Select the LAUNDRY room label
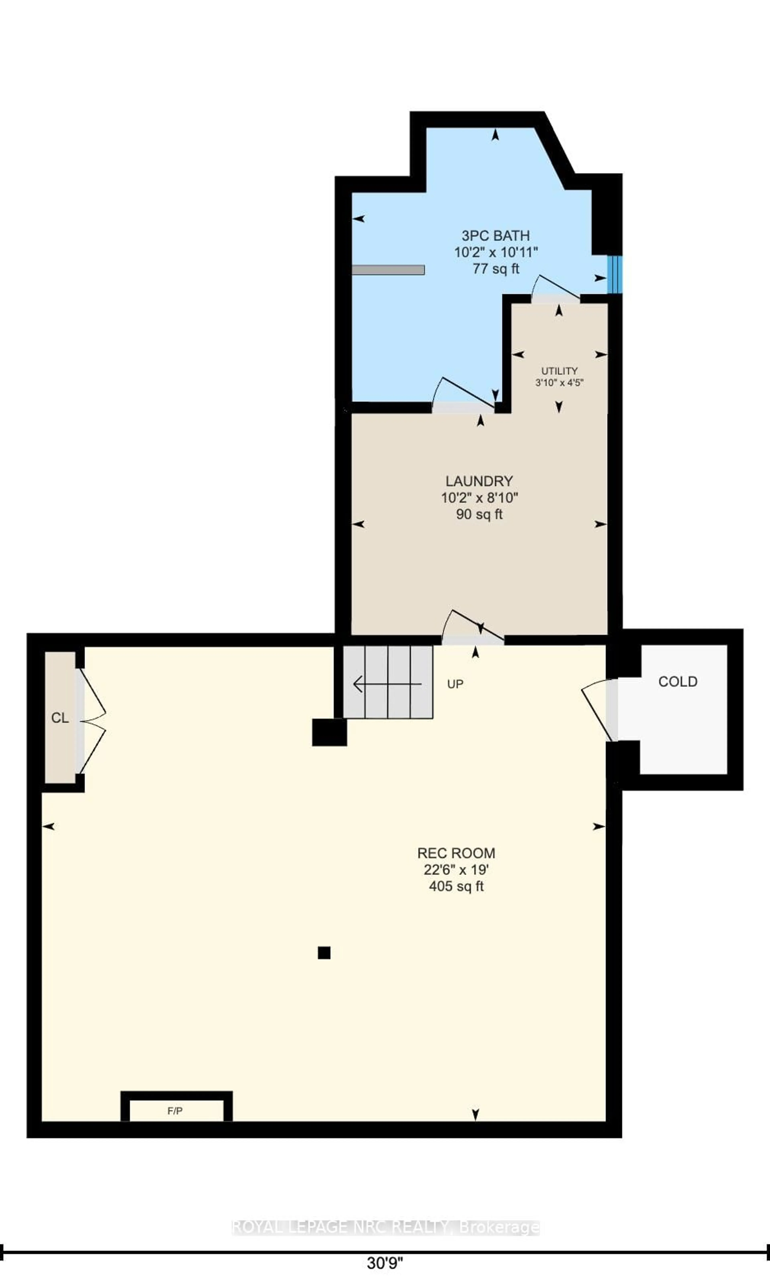tap(479, 481)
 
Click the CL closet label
tap(60, 718)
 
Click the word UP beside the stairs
tap(455, 684)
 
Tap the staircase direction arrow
tap(386, 684)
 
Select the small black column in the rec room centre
tap(324, 953)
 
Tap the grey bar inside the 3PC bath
tap(388, 270)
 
